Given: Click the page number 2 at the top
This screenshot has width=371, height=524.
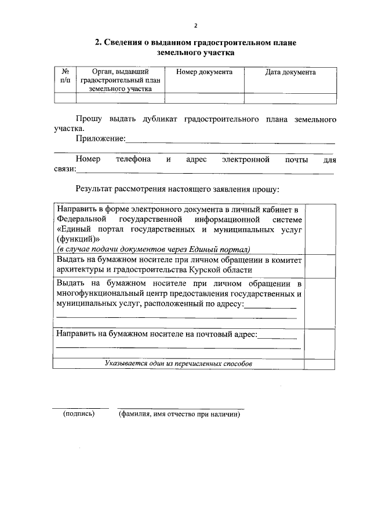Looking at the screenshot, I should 196,25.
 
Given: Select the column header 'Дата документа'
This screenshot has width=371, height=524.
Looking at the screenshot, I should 290,72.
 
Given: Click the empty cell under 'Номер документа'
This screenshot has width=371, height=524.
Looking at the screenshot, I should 204,98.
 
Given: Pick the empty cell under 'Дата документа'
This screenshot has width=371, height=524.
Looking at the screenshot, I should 290,98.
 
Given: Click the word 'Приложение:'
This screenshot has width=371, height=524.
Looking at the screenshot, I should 100,138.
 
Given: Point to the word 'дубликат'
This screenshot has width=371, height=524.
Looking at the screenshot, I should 159,119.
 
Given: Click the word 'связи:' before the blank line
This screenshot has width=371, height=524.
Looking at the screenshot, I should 66,168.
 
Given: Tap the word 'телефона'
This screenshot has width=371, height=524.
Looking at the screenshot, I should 134,159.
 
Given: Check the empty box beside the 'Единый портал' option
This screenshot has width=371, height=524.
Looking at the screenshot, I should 320,228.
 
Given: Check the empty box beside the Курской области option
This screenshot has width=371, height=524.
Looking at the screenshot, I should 320,265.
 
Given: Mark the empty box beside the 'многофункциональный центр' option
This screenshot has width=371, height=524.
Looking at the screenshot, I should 320,302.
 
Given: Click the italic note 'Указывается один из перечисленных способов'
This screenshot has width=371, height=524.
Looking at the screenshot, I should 179,364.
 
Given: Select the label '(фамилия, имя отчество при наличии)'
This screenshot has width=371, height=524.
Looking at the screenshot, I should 179,414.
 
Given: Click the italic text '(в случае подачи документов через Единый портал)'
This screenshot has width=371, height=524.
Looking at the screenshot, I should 153,249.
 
